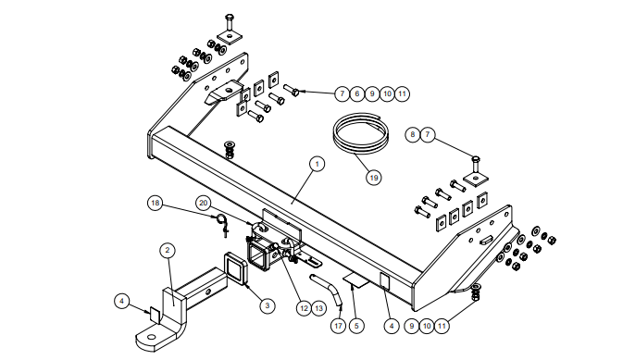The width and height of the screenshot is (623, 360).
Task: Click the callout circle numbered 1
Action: click(x=317, y=164)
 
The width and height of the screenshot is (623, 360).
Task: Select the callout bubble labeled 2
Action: click(x=168, y=250)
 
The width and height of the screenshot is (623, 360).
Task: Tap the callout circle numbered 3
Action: click(x=268, y=305)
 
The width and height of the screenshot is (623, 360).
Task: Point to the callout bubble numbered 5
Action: click(x=356, y=326)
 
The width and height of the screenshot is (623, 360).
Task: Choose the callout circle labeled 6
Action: click(x=356, y=93)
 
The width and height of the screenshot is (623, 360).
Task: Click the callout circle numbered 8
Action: click(x=413, y=135)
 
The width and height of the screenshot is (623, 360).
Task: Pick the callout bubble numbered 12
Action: click(x=304, y=308)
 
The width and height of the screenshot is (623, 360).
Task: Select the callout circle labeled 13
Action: click(x=318, y=308)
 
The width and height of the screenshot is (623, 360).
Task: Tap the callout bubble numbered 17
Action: click(x=338, y=326)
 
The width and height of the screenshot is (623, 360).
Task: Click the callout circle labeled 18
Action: click(x=155, y=204)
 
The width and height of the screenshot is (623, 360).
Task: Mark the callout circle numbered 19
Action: click(x=373, y=177)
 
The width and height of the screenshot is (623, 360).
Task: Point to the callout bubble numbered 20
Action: click(x=204, y=204)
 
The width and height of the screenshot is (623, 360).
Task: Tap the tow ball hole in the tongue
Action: click(x=152, y=338)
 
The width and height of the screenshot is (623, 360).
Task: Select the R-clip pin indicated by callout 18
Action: click(x=222, y=225)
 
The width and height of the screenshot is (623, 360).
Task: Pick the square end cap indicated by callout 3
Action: click(x=236, y=268)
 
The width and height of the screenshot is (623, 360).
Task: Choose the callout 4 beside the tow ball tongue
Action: click(x=121, y=301)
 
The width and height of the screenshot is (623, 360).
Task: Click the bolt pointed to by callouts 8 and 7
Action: click(x=475, y=166)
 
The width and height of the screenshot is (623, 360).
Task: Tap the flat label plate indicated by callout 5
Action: click(x=356, y=279)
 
